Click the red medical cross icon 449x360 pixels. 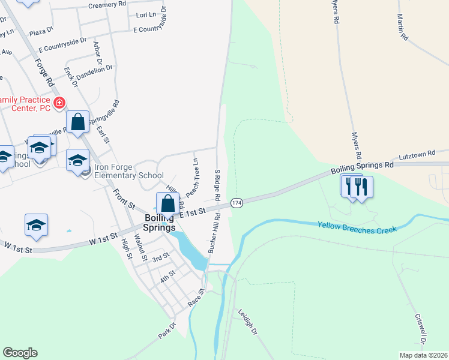coord(59,103)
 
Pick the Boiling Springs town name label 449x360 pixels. coord(160,223)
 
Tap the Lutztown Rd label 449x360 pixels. coord(417,155)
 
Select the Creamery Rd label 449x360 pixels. coord(107,4)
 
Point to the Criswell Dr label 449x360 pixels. coord(420,329)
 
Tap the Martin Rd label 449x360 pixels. coord(402,28)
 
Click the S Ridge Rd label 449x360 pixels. coord(218,185)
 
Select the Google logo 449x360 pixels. coord(20,353)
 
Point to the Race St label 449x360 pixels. coord(196,298)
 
